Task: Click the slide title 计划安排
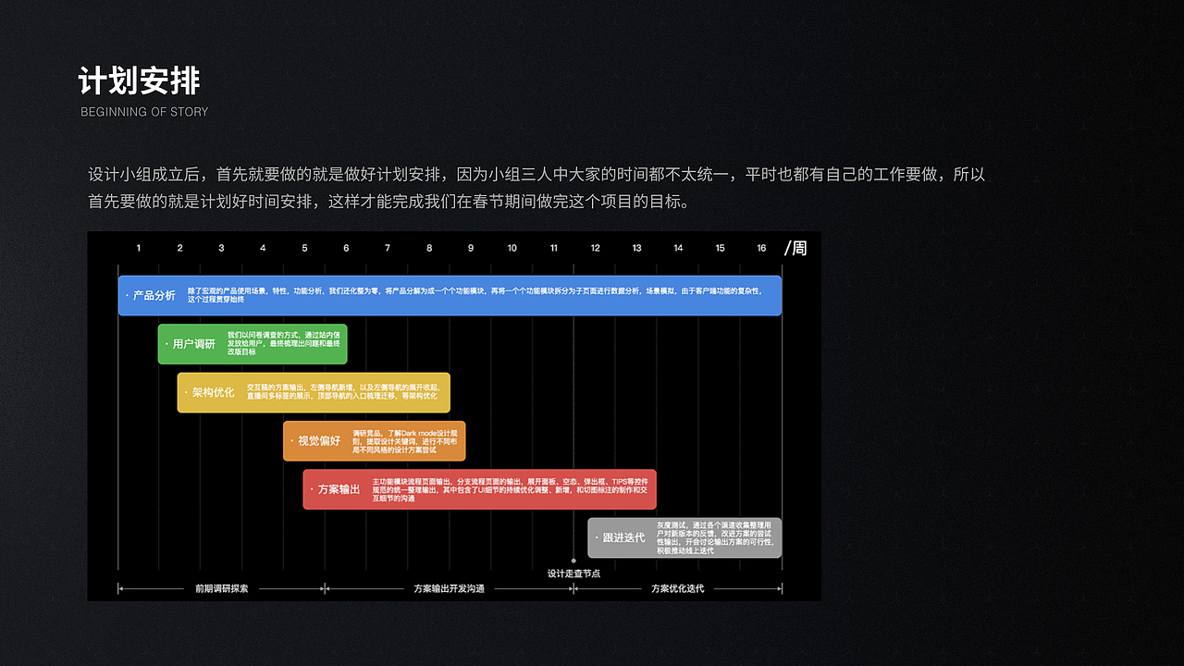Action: click(x=139, y=81)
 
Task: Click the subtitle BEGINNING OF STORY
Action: click(x=144, y=112)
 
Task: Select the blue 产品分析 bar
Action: click(x=450, y=295)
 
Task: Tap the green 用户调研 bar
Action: click(x=253, y=344)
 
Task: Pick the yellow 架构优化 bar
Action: click(x=314, y=392)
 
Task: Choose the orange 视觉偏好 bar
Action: click(x=374, y=441)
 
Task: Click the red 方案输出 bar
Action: click(x=479, y=489)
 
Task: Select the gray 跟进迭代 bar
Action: click(x=684, y=537)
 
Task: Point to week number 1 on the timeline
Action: click(x=139, y=248)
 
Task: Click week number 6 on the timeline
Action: click(x=346, y=248)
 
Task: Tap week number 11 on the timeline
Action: click(x=553, y=248)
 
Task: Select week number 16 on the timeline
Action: click(x=761, y=248)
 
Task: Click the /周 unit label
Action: click(x=795, y=248)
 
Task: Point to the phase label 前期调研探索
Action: click(x=221, y=588)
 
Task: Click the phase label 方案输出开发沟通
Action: click(x=449, y=588)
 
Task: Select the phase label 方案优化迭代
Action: click(x=677, y=588)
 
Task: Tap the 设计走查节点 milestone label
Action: click(x=573, y=573)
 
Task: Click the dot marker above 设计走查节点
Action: click(x=573, y=561)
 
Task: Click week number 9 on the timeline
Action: click(x=471, y=248)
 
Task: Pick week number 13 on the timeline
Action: click(x=636, y=248)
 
